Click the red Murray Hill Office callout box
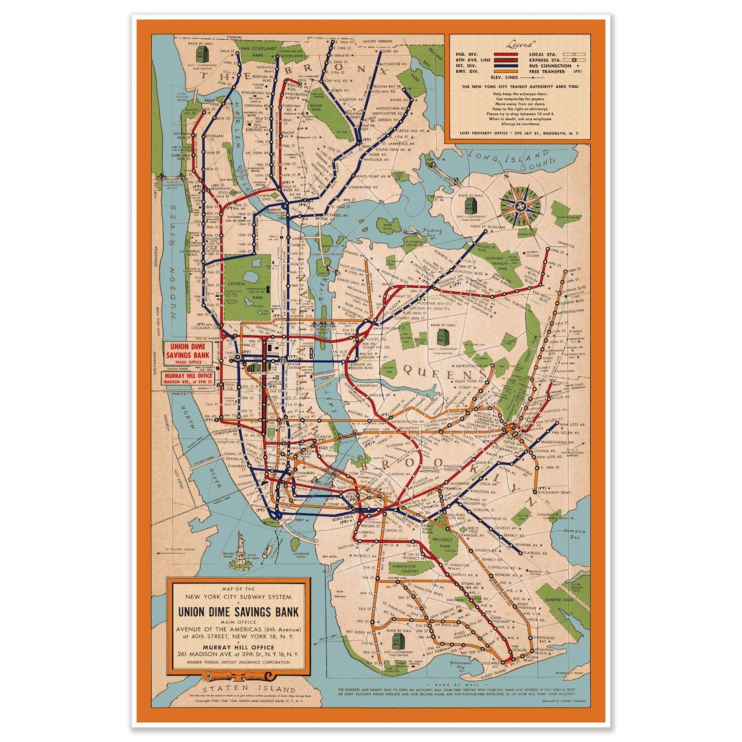coord(188,379)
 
